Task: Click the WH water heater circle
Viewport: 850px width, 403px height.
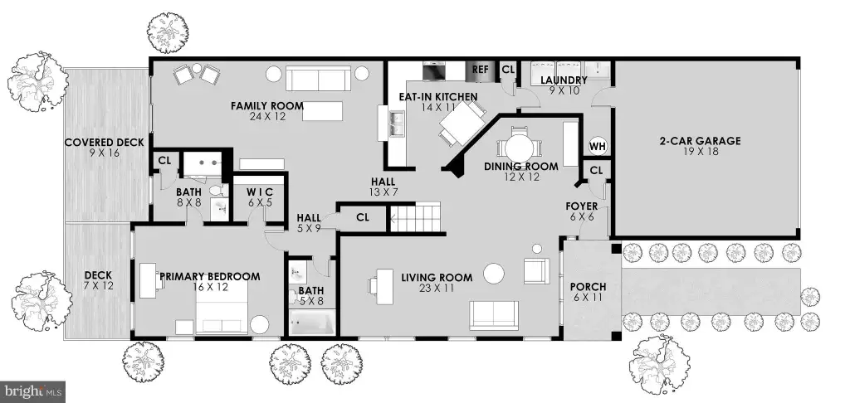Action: [597, 146]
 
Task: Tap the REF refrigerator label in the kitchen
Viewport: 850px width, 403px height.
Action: [481, 70]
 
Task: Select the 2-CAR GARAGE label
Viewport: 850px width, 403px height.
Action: [700, 141]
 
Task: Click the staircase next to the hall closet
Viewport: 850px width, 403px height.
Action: [415, 217]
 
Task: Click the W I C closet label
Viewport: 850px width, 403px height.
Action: [259, 192]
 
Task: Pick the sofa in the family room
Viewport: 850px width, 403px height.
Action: [318, 79]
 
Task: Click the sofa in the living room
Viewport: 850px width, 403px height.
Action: [494, 315]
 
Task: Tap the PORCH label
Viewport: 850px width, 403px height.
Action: [589, 287]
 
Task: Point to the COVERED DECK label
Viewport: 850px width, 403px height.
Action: [104, 143]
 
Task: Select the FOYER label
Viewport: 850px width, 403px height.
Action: [582, 206]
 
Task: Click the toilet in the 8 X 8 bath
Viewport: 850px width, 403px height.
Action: [219, 192]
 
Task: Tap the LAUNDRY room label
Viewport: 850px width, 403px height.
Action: [564, 80]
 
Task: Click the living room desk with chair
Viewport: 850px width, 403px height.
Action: [381, 285]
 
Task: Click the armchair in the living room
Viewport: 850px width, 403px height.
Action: [537, 270]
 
